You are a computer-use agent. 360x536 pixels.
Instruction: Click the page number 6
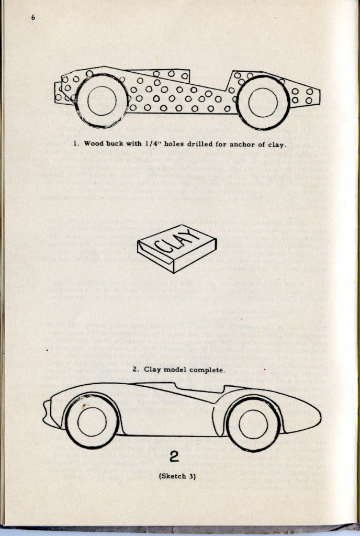point(33,17)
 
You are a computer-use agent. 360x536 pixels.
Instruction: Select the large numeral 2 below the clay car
point(175,457)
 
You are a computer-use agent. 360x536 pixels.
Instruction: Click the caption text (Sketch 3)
point(175,476)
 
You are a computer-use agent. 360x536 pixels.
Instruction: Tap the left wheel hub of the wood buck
point(102,101)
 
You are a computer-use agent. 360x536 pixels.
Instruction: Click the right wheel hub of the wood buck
point(263,103)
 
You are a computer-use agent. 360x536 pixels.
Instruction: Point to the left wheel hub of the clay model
point(92,421)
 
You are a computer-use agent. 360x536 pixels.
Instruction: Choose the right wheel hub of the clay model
point(253,423)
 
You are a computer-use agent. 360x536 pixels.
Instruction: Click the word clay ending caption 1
point(276,144)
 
